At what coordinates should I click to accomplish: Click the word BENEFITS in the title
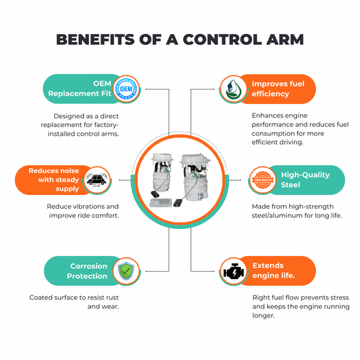click(95, 39)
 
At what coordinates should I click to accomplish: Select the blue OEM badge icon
click(126, 89)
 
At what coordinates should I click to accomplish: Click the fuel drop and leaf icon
click(233, 89)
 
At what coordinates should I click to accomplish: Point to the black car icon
click(96, 180)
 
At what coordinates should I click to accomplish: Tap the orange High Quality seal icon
click(263, 180)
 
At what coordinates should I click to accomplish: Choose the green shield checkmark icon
click(126, 271)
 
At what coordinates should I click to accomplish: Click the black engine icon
click(234, 272)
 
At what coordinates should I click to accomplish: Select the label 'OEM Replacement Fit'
click(79, 88)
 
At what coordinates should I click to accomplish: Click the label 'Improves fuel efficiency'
click(278, 89)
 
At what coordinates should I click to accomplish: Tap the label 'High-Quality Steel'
click(305, 180)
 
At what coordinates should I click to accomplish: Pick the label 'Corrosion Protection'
click(87, 271)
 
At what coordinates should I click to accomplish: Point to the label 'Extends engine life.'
click(274, 270)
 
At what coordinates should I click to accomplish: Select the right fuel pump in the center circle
click(194, 179)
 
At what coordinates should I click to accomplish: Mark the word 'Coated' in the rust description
click(39, 298)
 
